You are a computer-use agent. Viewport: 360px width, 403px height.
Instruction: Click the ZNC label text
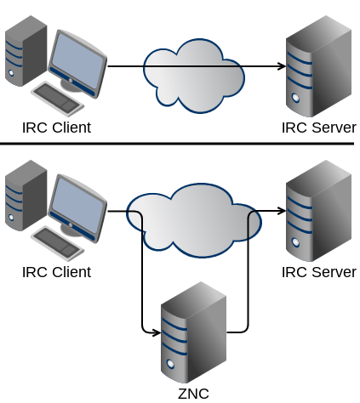click(193, 394)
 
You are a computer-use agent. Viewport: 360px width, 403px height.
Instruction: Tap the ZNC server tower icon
click(193, 332)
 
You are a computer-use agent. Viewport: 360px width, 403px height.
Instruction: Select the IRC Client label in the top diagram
click(56, 128)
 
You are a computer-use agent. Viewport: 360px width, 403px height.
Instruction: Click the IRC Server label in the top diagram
click(319, 128)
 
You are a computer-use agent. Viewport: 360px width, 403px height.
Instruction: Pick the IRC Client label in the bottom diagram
click(56, 272)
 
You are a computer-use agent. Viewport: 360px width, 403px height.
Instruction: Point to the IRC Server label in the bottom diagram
click(319, 272)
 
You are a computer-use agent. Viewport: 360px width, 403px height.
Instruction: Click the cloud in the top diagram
click(194, 76)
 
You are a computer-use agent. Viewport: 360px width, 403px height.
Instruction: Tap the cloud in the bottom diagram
click(194, 220)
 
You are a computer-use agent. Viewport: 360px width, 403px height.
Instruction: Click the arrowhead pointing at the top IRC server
click(282, 66)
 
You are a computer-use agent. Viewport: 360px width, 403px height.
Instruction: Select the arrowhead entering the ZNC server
click(157, 332)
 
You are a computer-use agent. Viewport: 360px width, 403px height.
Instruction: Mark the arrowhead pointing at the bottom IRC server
click(282, 211)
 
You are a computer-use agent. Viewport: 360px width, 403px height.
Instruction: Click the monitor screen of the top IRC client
click(77, 60)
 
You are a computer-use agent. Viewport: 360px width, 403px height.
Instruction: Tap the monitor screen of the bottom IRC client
click(77, 205)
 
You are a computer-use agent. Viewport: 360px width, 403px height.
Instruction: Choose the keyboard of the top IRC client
click(58, 98)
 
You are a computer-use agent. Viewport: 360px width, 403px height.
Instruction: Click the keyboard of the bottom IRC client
click(58, 242)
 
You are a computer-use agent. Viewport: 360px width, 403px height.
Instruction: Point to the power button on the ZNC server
click(170, 364)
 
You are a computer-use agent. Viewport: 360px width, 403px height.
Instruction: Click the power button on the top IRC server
click(295, 98)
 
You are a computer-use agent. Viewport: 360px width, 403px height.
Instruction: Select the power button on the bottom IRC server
click(295, 242)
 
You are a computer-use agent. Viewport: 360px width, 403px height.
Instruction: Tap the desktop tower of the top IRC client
click(26, 51)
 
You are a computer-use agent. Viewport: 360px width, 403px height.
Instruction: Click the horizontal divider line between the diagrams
click(177, 144)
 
